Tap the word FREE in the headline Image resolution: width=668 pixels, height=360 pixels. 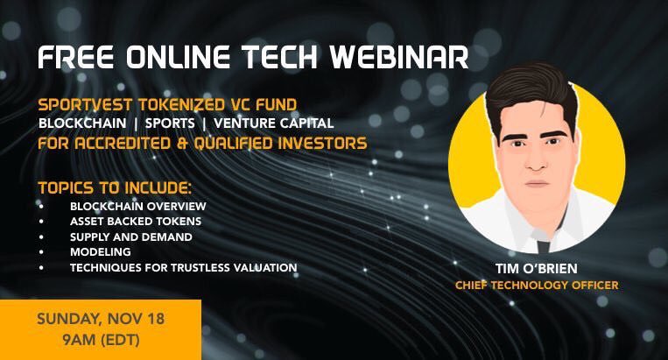click(x=76, y=57)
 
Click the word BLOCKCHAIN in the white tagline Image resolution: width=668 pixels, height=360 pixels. click(x=82, y=124)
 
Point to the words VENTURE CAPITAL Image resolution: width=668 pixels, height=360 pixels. click(x=273, y=124)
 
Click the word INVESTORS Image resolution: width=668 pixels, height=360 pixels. click(x=322, y=143)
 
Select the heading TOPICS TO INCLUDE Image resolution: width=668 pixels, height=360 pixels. click(x=115, y=187)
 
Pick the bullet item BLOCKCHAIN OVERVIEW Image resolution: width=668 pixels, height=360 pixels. click(x=138, y=206)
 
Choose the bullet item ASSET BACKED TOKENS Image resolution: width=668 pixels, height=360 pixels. click(x=136, y=221)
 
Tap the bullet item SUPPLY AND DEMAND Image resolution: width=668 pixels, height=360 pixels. click(x=130, y=236)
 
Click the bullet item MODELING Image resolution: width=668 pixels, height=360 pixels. click(x=101, y=251)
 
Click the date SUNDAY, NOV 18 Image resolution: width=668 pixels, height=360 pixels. click(x=101, y=319)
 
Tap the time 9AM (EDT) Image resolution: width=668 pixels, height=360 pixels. click(x=101, y=340)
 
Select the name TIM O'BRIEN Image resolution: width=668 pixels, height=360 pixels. click(x=537, y=268)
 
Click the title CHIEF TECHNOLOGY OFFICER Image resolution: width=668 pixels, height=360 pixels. click(x=537, y=285)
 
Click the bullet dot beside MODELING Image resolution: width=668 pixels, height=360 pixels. click(x=41, y=252)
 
